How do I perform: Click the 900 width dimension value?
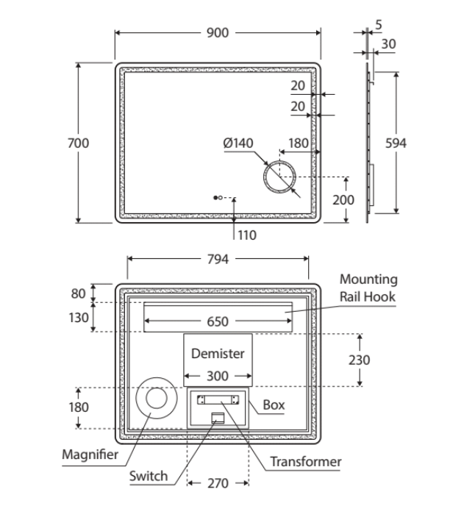click(218, 32)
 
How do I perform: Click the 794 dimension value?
click(218, 259)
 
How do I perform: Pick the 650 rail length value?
click(218, 321)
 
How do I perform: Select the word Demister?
click(218, 353)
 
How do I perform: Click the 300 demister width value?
click(218, 376)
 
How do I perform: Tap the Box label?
click(274, 405)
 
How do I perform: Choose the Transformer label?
click(305, 461)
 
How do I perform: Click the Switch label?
click(148, 476)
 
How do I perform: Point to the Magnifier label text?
click(90, 454)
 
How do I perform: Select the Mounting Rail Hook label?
click(368, 288)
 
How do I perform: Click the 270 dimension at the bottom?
click(218, 483)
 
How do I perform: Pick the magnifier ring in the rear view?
click(156, 398)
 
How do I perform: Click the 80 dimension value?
click(78, 293)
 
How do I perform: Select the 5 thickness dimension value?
click(378, 24)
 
